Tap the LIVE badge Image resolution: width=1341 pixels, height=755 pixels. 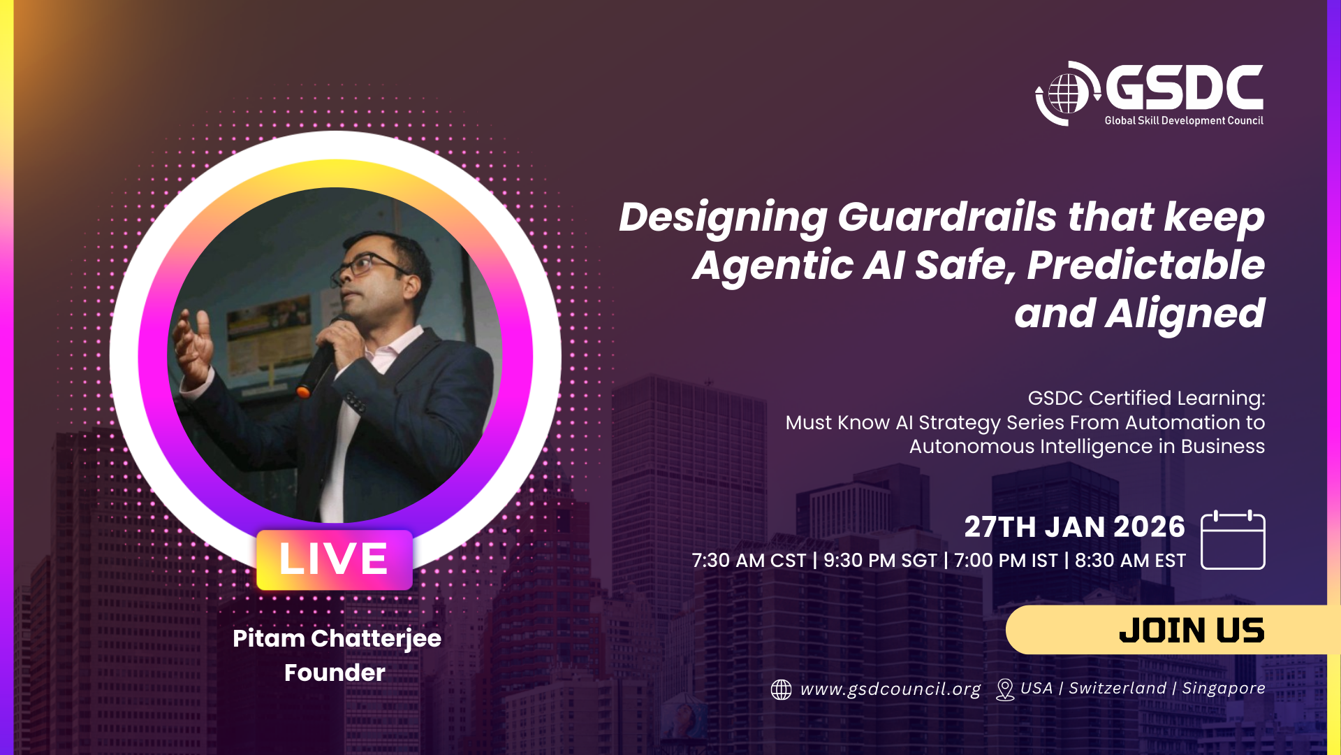[x=335, y=559]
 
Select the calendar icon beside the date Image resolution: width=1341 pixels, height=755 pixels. [x=1233, y=540]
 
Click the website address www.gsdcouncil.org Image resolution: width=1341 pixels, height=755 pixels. [x=891, y=689]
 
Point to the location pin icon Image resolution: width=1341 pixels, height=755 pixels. [x=1005, y=689]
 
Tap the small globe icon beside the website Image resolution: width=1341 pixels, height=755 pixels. [x=781, y=689]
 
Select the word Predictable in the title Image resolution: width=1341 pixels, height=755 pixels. [x=1146, y=266]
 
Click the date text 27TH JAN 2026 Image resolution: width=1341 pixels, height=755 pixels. [x=1075, y=527]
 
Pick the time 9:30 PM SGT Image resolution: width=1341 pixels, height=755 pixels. [x=880, y=561]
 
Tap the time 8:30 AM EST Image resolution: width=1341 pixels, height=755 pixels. [x=1130, y=561]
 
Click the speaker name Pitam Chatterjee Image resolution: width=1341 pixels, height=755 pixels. [x=337, y=639]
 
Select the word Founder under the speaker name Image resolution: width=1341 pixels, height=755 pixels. [x=335, y=673]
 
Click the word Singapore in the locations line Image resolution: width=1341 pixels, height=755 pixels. [x=1224, y=689]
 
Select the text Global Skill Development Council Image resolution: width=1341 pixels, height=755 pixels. [x=1184, y=121]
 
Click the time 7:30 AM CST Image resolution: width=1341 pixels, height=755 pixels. [x=749, y=561]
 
